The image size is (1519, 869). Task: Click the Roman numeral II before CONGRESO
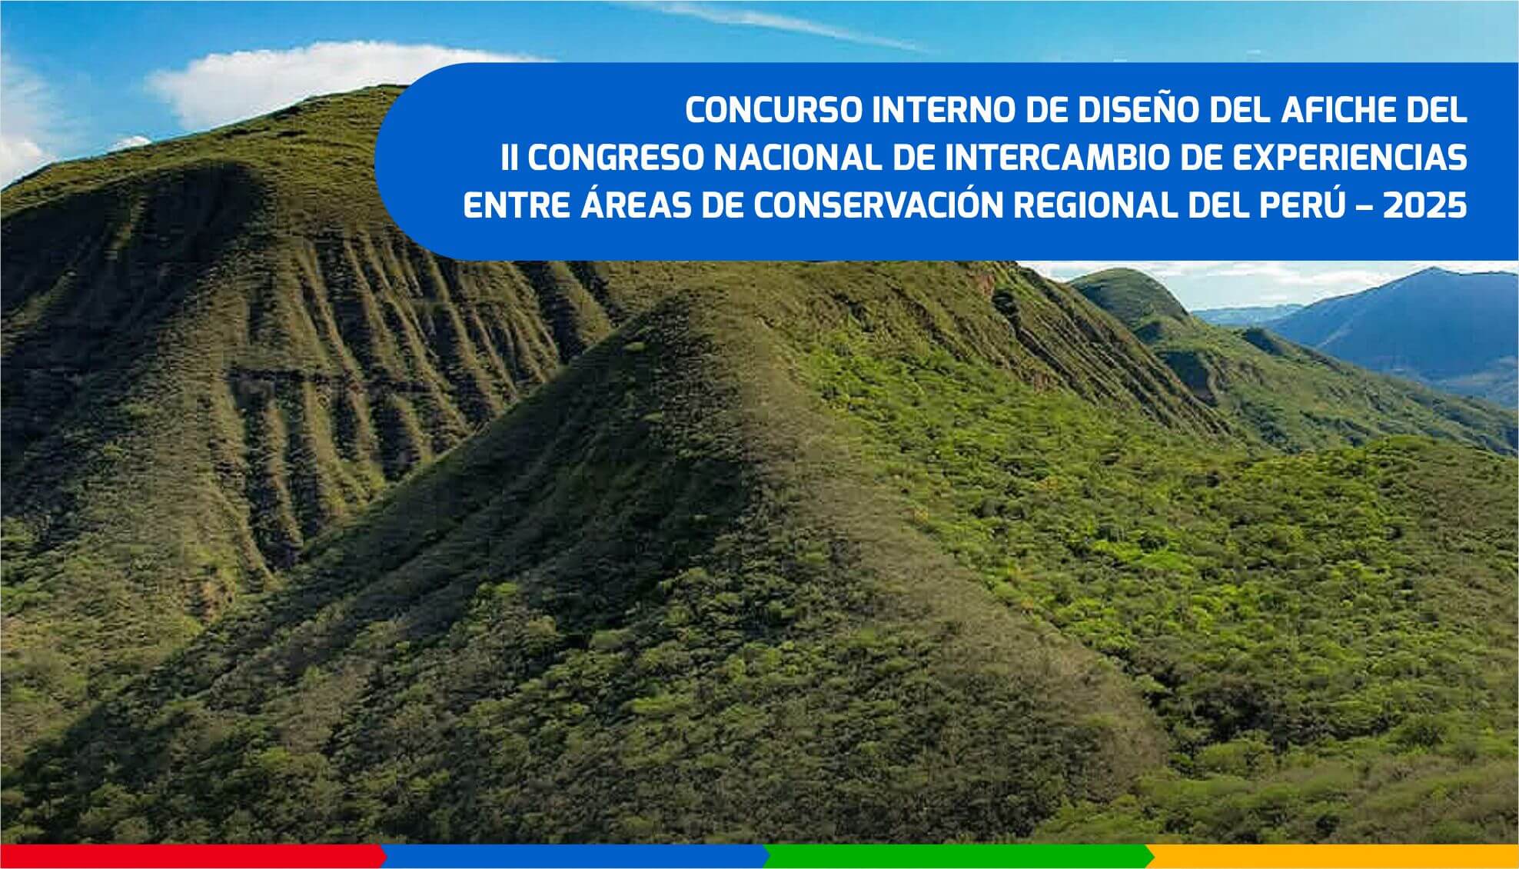tap(509, 158)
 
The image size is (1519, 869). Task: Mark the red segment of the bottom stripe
tap(192, 857)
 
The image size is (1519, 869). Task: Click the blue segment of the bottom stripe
tap(575, 857)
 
